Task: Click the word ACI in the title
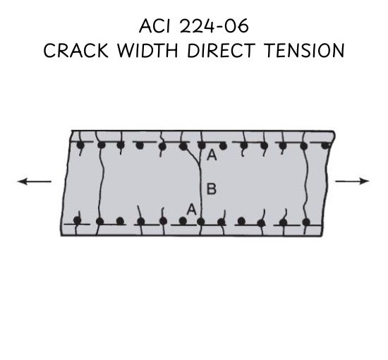pyautogui.click(x=154, y=26)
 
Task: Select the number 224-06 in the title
pyautogui.click(x=214, y=26)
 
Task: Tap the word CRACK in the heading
pyautogui.click(x=75, y=50)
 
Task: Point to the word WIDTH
pyautogui.click(x=147, y=50)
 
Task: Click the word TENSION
pyautogui.click(x=304, y=50)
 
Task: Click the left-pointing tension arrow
pyautogui.click(x=34, y=181)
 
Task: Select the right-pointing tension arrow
pyautogui.click(x=352, y=181)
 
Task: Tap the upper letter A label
pyautogui.click(x=212, y=155)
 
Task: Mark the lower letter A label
pyautogui.click(x=191, y=210)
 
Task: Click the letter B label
pyautogui.click(x=212, y=188)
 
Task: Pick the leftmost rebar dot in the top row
pyautogui.click(x=80, y=145)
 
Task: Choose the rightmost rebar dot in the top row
pyautogui.click(x=326, y=145)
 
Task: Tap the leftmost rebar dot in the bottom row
pyautogui.click(x=78, y=220)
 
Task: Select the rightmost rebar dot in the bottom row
pyautogui.click(x=306, y=222)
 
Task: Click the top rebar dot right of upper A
pyautogui.click(x=223, y=146)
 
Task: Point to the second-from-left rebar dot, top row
pyautogui.click(x=101, y=145)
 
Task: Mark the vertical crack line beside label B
pyautogui.click(x=200, y=189)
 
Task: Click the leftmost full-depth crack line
pyautogui.click(x=100, y=184)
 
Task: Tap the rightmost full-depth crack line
pyautogui.click(x=306, y=184)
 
